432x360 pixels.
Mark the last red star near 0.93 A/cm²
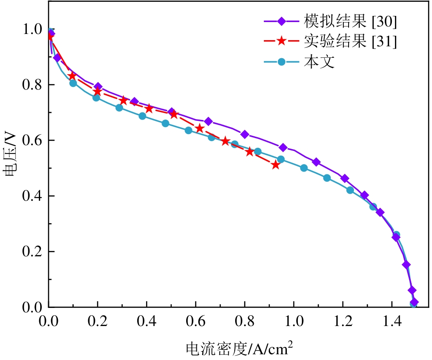point(276,165)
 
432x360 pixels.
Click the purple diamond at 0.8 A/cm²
point(244,135)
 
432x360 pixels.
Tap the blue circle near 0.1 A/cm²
point(73,83)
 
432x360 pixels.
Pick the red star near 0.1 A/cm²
point(72,76)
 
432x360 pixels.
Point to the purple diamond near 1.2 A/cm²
point(345,179)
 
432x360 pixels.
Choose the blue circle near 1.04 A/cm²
point(304,168)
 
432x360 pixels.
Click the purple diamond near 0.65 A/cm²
point(208,121)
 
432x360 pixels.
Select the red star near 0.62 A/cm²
point(199,128)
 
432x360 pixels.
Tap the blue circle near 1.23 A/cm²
point(350,190)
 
